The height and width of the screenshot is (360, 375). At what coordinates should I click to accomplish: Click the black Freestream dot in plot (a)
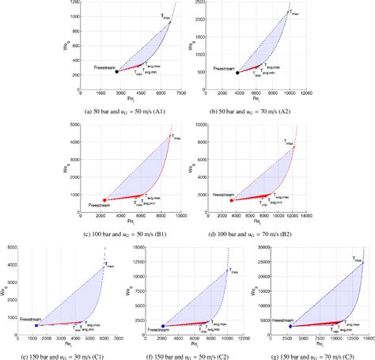tap(116, 71)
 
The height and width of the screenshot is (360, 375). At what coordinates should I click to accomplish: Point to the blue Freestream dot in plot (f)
tap(163, 325)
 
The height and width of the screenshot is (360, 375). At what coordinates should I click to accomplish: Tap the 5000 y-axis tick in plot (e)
tap(11, 248)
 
